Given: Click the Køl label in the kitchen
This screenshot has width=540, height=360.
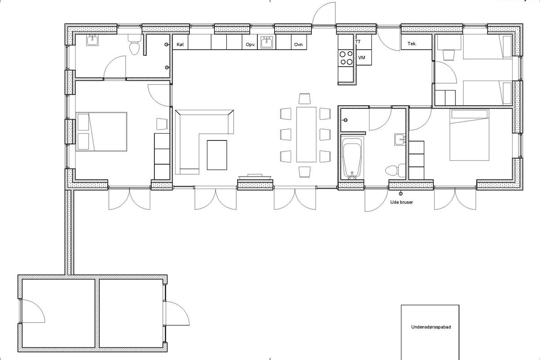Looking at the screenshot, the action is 180,45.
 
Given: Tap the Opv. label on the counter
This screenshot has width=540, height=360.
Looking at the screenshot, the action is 251,45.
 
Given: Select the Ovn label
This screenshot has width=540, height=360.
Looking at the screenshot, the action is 298,45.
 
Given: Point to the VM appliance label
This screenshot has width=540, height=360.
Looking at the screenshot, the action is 362,58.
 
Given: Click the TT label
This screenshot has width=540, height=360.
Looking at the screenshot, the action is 358,41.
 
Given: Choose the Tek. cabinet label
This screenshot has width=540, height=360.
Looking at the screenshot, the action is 412,44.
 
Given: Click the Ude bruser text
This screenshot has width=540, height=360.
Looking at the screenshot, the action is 401,202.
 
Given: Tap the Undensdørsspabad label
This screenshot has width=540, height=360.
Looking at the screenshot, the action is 431,327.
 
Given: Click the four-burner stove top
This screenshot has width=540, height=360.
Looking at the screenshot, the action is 346,58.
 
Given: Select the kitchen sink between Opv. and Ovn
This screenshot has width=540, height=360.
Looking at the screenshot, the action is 266,42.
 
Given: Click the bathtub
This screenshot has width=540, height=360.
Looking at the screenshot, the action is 352,158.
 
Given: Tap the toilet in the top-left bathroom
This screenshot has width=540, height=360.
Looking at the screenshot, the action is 134,45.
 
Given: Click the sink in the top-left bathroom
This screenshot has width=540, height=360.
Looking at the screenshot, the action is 93,40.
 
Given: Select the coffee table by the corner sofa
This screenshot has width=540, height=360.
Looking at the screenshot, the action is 217,155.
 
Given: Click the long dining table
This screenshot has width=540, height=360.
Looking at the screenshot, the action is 306,135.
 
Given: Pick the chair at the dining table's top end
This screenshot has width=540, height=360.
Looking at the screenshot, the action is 304,99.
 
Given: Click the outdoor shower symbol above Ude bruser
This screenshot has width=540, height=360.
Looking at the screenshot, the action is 401,193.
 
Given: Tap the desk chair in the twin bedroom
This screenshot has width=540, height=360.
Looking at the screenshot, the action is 449,55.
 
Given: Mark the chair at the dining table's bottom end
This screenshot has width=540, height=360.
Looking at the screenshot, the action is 304,172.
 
